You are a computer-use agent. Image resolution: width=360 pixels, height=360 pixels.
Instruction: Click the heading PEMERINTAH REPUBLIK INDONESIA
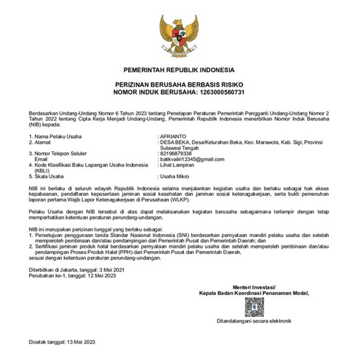tap(179, 69)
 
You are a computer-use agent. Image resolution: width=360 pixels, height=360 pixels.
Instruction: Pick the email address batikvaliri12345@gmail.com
tap(192, 159)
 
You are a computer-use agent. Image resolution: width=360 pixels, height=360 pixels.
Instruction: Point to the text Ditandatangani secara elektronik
tap(254, 321)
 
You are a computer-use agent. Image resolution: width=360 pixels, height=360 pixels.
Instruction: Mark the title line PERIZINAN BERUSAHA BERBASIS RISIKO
tap(179, 84)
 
